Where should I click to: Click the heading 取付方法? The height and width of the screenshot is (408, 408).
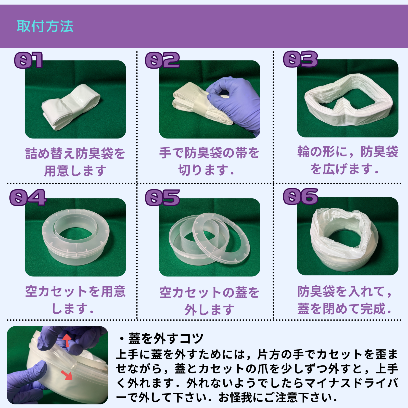pos(45,26)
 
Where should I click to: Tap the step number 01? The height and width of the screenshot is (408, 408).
pos(28,60)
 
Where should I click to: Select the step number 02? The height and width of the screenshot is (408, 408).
pos(162,60)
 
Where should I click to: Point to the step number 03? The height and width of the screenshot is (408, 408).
pos(301,59)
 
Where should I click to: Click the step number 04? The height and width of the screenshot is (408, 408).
pos(28,197)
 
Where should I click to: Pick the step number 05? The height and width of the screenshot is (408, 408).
pos(162,197)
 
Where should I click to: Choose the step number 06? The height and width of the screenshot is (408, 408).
pos(301,196)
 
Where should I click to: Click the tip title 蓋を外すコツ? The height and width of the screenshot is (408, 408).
pos(166,338)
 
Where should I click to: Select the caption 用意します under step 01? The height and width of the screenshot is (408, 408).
pos(75,171)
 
